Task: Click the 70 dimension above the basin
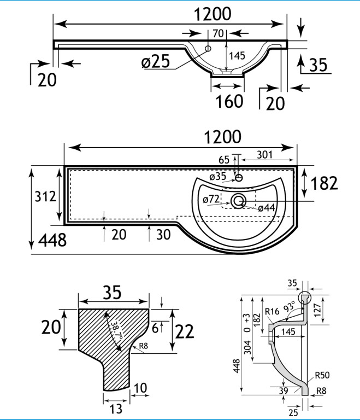point(218,34)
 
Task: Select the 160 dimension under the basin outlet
point(229,101)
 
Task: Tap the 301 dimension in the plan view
point(264,155)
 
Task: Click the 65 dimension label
point(223,160)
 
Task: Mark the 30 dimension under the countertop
point(163,235)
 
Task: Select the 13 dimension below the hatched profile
point(115,408)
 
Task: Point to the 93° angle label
point(288,307)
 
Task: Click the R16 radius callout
point(272,312)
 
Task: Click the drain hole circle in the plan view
point(238,201)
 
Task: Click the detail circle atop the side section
point(304,299)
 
